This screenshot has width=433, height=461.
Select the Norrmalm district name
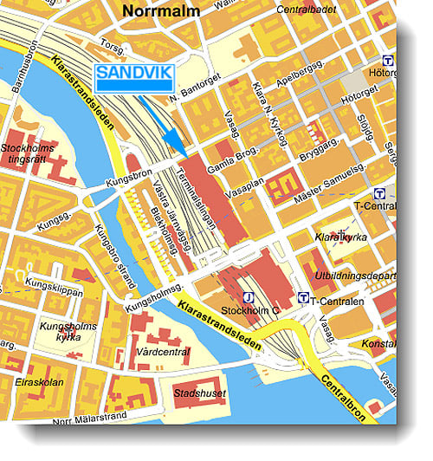[161, 11]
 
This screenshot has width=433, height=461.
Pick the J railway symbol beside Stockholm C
[249, 297]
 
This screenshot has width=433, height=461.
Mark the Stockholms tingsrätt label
[28, 153]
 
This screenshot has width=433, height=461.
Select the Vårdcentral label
[163, 354]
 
